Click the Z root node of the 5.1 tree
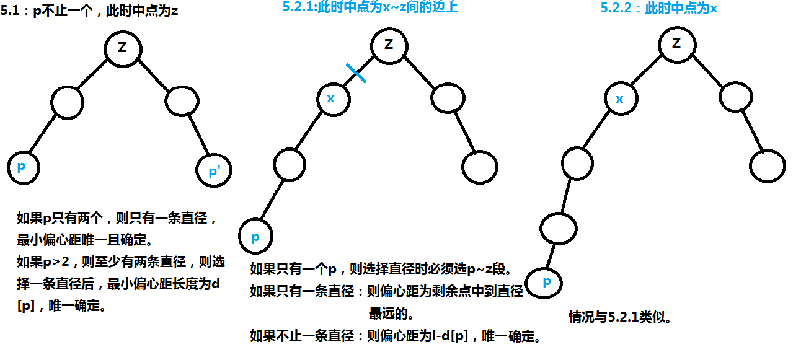[x=122, y=49]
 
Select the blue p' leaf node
[x=213, y=170]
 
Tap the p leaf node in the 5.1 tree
[x=24, y=167]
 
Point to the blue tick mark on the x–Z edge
[x=356, y=72]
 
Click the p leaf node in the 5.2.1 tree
[x=255, y=237]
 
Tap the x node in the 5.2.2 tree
[x=620, y=99]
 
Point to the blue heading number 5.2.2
[x=617, y=9]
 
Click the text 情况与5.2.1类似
[x=621, y=318]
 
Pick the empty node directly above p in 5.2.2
[x=558, y=229]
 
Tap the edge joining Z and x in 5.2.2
[x=648, y=71]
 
